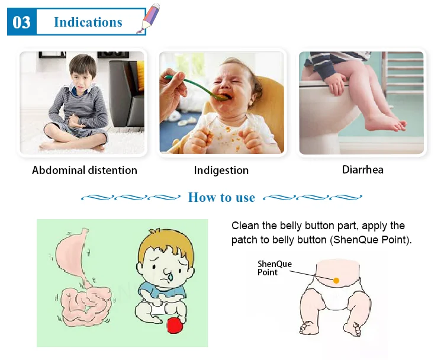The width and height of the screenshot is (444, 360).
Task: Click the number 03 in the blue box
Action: pyautogui.click(x=21, y=22)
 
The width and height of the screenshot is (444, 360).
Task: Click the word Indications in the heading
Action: pyautogui.click(x=88, y=22)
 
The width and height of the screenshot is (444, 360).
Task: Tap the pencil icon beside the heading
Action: pyautogui.click(x=149, y=18)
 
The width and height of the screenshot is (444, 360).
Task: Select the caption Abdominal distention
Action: pyautogui.click(x=85, y=170)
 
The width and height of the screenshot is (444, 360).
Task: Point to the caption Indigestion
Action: pyautogui.click(x=221, y=171)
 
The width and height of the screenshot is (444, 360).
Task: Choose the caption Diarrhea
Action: pyautogui.click(x=363, y=170)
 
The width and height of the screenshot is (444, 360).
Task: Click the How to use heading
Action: pyautogui.click(x=221, y=197)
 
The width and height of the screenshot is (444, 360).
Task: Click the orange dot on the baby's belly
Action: pyautogui.click(x=336, y=281)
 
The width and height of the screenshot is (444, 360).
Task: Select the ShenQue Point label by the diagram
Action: pyautogui.click(x=274, y=268)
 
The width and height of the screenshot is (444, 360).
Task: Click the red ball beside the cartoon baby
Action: pyautogui.click(x=175, y=325)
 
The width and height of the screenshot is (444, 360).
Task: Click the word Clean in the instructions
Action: pyautogui.click(x=245, y=226)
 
